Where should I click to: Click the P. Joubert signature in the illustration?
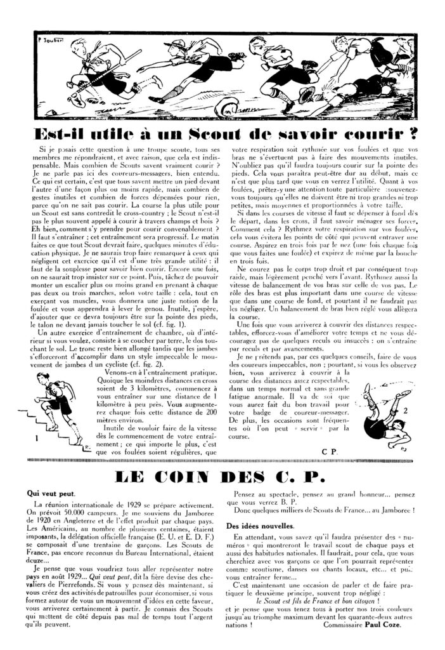[x=42, y=38]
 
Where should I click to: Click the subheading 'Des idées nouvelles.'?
[x=256, y=526]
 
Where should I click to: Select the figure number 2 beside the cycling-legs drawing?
[x=404, y=409]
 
